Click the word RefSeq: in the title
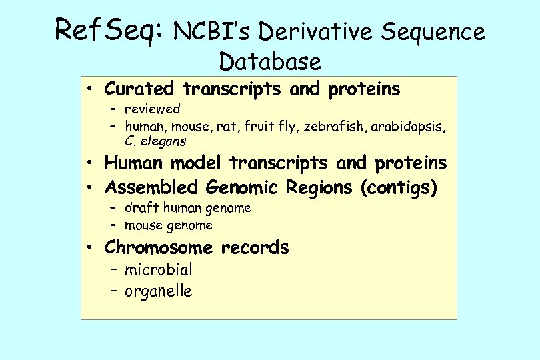tap(109, 30)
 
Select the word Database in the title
tap(270, 61)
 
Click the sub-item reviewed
tap(153, 109)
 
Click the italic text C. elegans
tap(155, 141)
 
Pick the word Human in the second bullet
tap(135, 163)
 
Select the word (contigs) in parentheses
tap(399, 188)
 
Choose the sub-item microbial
tap(159, 270)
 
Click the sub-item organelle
tap(159, 291)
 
